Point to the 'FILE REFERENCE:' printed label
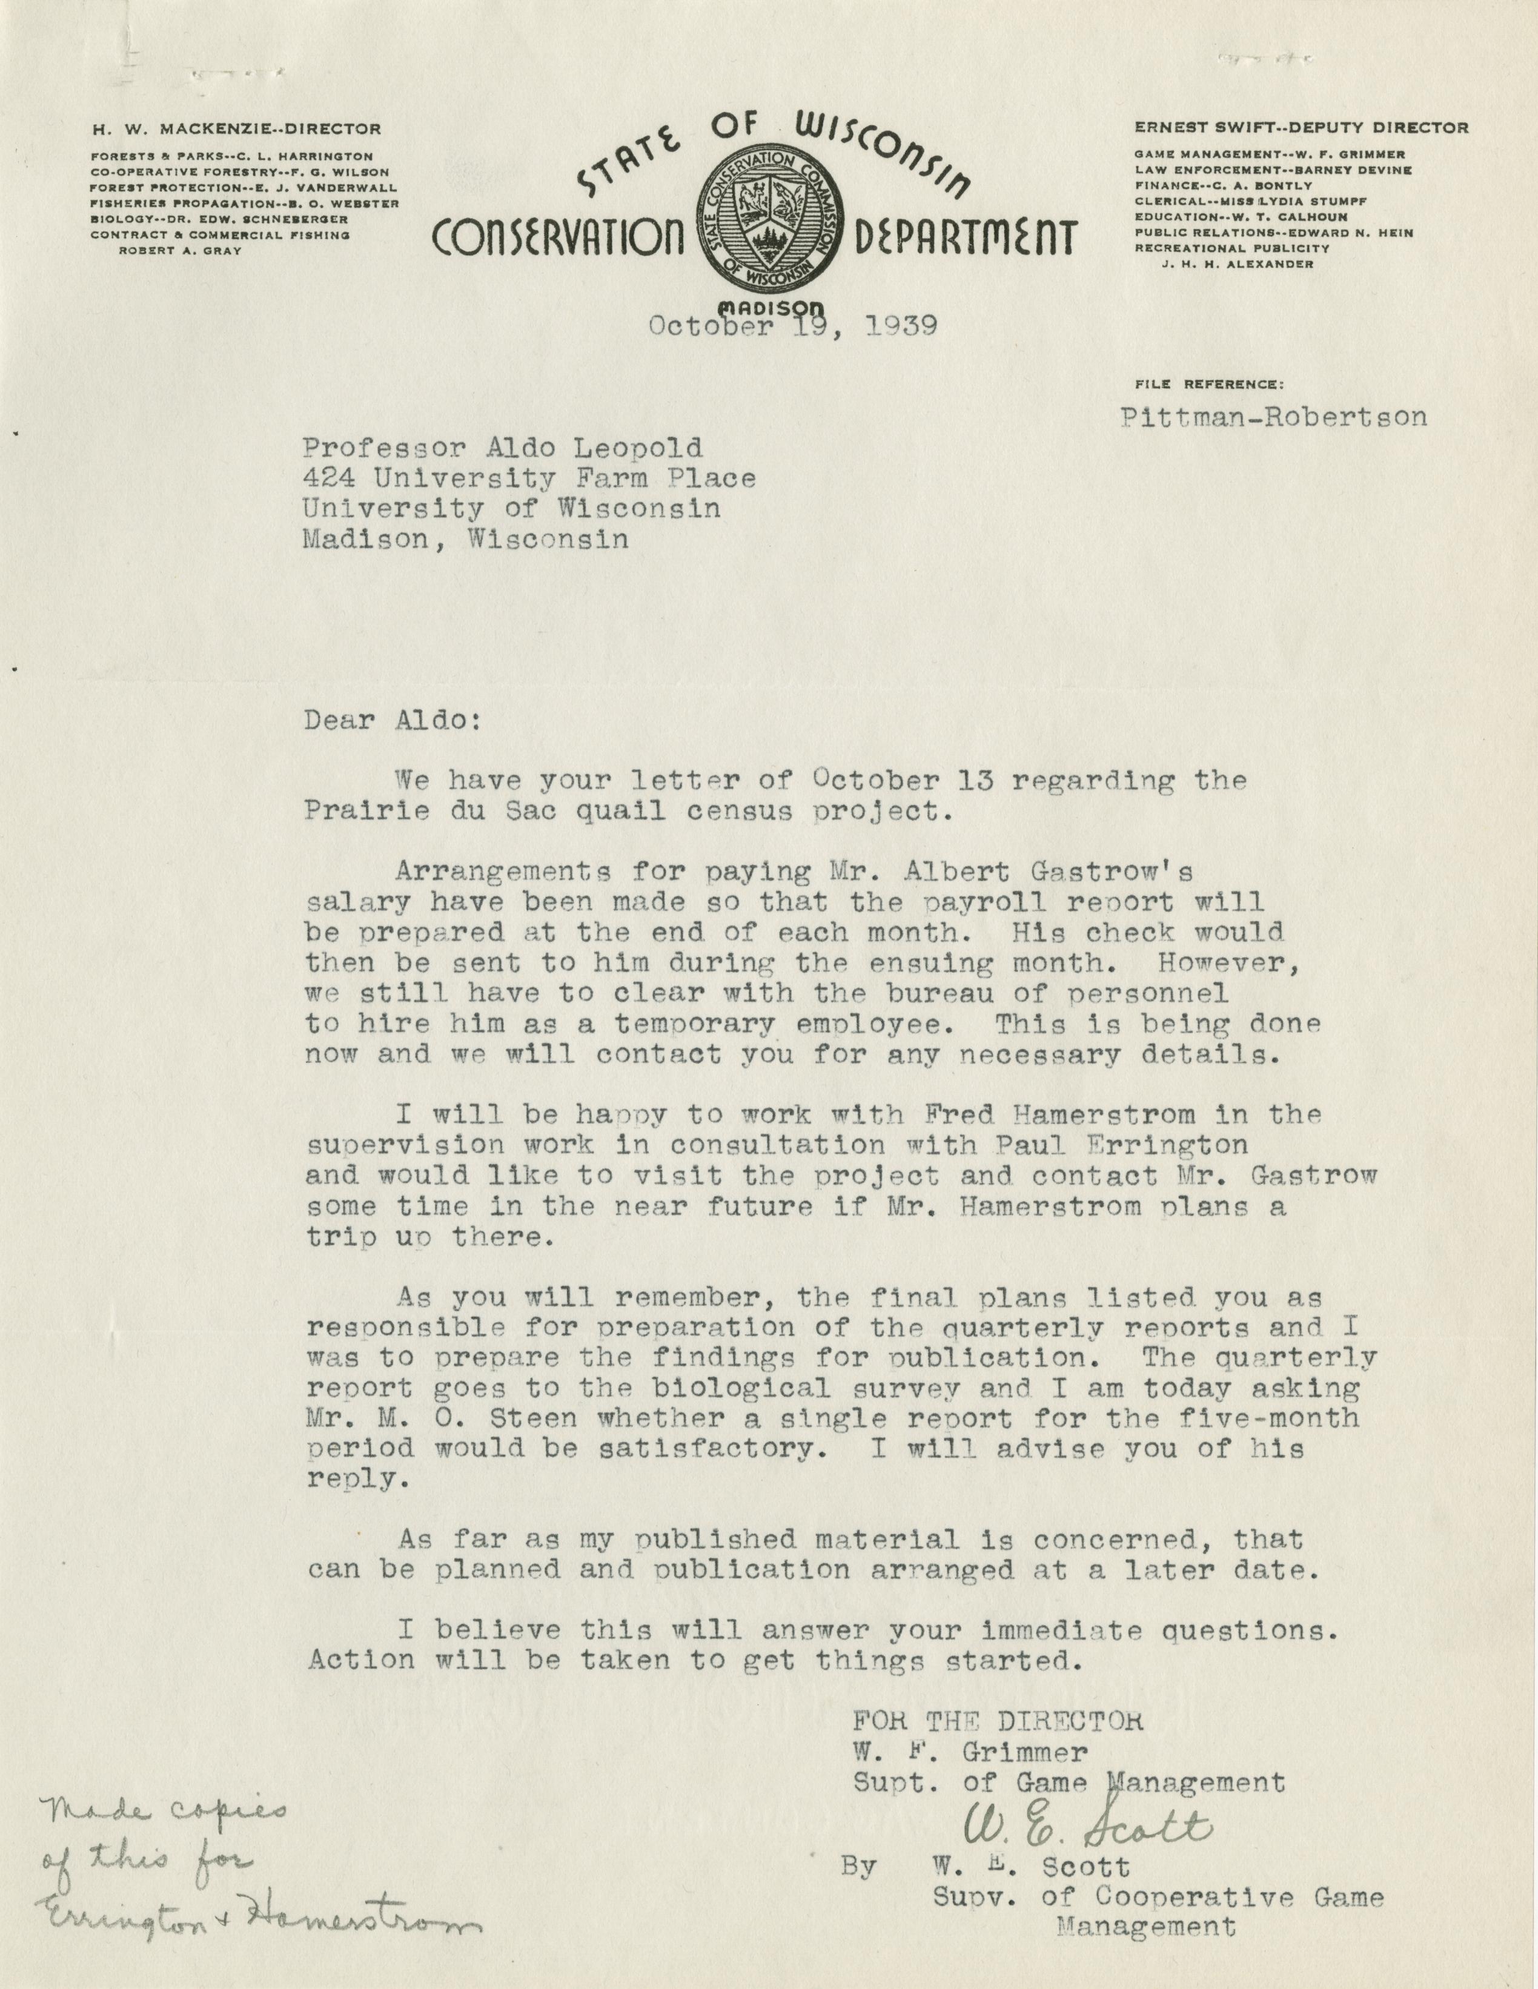tap(1209, 385)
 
